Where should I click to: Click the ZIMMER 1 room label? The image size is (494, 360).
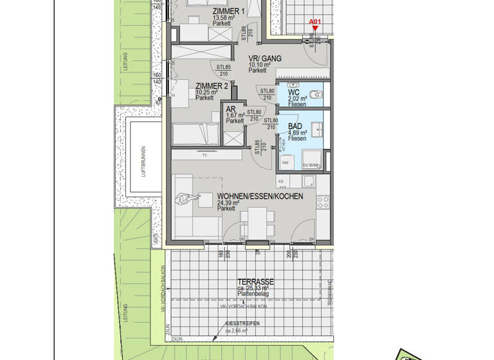click(x=228, y=12)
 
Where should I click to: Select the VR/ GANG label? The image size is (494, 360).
click(x=266, y=59)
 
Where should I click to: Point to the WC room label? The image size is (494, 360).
click(x=294, y=92)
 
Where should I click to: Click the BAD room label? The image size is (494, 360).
click(x=295, y=127)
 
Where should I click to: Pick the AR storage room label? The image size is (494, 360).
click(x=230, y=109)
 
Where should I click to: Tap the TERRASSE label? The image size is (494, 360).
click(x=255, y=282)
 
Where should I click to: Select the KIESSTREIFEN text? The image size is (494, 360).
click(x=242, y=323)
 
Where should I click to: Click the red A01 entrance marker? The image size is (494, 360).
click(x=315, y=22)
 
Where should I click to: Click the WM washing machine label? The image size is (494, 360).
click(x=285, y=163)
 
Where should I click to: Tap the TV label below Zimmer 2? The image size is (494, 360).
click(x=205, y=156)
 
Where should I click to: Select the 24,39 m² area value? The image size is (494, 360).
click(x=228, y=203)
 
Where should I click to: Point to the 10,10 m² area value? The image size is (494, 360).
click(x=260, y=65)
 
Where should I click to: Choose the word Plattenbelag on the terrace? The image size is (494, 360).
click(x=253, y=294)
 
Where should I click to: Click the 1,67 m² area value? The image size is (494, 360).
click(x=235, y=115)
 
